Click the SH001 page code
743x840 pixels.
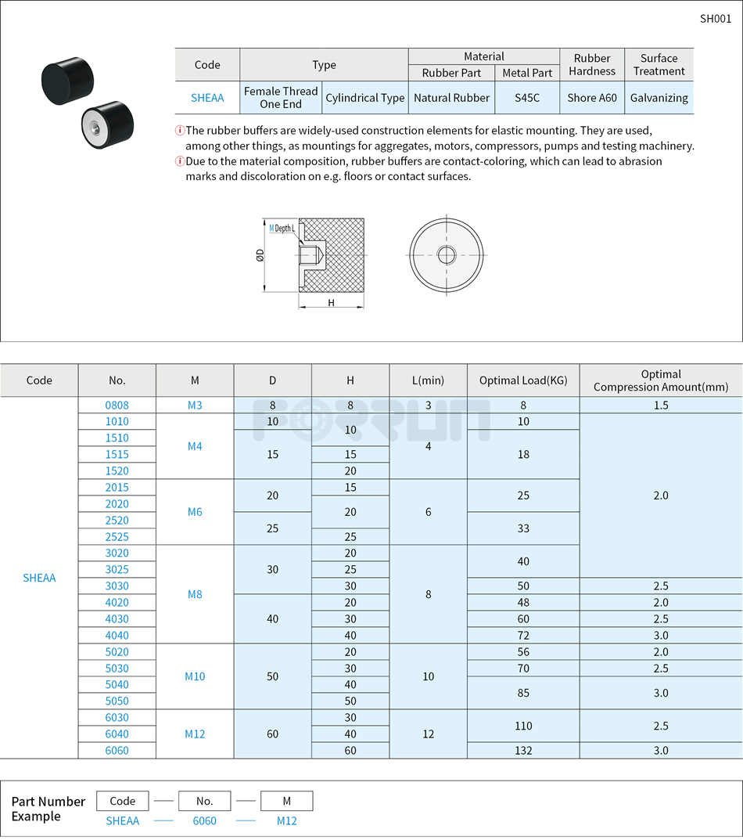coord(715,19)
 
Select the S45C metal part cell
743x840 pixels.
coord(526,98)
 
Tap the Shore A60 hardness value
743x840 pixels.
coord(591,98)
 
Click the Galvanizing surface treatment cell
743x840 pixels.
coord(659,98)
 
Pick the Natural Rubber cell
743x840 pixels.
coord(451,98)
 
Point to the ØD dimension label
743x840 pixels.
coord(260,255)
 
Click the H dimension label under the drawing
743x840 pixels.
coord(331,303)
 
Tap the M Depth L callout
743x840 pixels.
coord(282,229)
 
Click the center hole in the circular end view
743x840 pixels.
coord(447,254)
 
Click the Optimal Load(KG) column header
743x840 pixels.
coord(523,380)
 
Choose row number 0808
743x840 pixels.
coord(117,406)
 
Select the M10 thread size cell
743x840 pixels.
coord(195,676)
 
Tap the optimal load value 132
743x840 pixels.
coord(523,751)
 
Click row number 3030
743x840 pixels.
coord(117,586)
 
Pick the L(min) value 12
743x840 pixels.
coord(428,734)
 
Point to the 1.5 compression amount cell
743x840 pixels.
coord(660,406)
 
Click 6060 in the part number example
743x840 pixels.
coord(204,820)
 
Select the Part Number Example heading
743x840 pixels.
coord(48,809)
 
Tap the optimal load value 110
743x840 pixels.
coord(523,726)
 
